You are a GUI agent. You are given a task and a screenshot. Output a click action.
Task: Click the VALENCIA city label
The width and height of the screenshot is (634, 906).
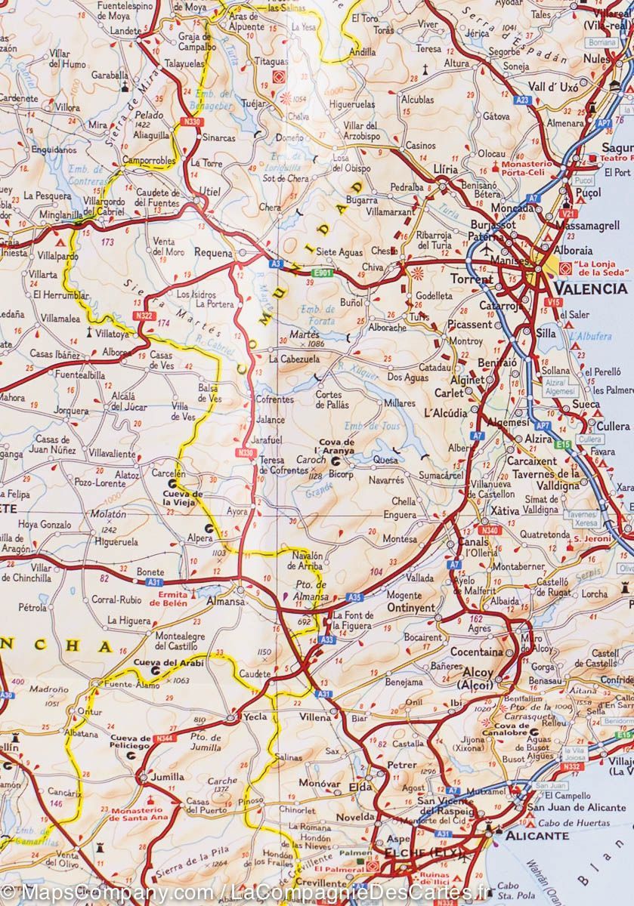(x=590, y=288)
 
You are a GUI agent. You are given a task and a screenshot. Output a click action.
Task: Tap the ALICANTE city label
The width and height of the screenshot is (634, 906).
(x=537, y=836)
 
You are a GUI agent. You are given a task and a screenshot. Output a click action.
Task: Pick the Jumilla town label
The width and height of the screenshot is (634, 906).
(x=167, y=776)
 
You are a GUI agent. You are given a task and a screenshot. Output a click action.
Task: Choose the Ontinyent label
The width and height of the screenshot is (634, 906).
(x=411, y=608)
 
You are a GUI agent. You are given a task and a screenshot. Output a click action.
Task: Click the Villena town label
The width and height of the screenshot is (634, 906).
(x=315, y=716)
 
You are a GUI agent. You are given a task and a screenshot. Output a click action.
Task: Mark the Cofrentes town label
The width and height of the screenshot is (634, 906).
(x=274, y=399)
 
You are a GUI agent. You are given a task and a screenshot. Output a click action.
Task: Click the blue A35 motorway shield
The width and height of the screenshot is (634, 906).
(x=355, y=597)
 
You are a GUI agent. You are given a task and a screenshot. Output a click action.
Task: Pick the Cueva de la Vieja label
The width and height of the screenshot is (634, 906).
(x=184, y=498)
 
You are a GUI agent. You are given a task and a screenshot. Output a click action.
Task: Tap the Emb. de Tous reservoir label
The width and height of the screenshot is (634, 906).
(x=365, y=426)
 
